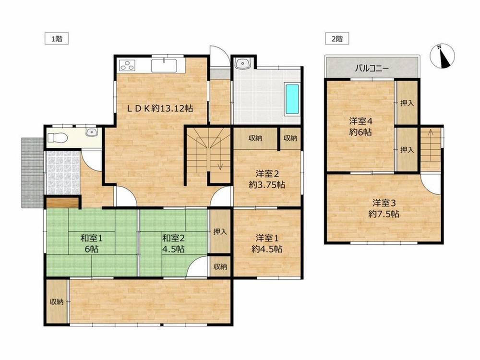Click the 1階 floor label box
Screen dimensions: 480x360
pyautogui.click(x=57, y=39)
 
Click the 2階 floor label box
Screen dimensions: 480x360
pyautogui.click(x=337, y=39)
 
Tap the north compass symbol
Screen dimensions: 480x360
pyautogui.click(x=443, y=56)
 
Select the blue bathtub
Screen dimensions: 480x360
pyautogui.click(x=292, y=99)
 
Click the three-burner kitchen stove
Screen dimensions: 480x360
pyautogui.click(x=127, y=65)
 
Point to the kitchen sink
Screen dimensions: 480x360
pyautogui.click(x=164, y=65)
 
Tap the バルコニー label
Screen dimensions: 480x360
pyautogui.click(x=372, y=68)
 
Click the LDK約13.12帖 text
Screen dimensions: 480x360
pyautogui.click(x=160, y=108)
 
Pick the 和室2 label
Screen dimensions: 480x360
pyautogui.click(x=173, y=238)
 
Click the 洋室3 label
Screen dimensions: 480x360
pyautogui.click(x=384, y=203)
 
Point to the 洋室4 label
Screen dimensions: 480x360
pyautogui.click(x=361, y=121)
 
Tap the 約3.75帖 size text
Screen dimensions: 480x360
pyautogui.click(x=267, y=185)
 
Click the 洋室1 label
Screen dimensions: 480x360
pyautogui.click(x=267, y=238)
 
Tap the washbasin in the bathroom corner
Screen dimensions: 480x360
pyautogui.click(x=243, y=63)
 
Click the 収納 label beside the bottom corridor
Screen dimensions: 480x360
pyautogui.click(x=57, y=302)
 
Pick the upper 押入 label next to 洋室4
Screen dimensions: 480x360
pyautogui.click(x=407, y=103)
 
